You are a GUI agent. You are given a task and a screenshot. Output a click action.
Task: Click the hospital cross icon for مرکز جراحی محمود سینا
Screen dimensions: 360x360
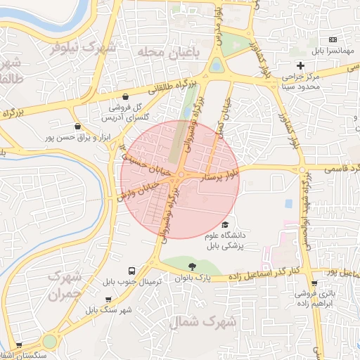pyautogui.click(x=300, y=65)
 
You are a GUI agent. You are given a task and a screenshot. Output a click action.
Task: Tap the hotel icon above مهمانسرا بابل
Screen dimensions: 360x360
pyautogui.click(x=333, y=40)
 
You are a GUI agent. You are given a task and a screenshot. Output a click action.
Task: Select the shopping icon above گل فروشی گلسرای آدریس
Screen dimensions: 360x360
pyautogui.click(x=125, y=97)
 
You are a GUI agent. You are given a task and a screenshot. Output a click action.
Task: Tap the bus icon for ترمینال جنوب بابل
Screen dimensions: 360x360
pyautogui.click(x=131, y=271)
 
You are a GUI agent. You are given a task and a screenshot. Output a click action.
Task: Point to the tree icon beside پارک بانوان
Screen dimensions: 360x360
pyautogui.click(x=192, y=266)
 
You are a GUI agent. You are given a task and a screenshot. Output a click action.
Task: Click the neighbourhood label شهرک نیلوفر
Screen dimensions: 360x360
pyautogui.click(x=84, y=49)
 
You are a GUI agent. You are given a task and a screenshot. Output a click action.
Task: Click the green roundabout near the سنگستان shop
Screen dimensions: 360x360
pyautogui.click(x=49, y=342)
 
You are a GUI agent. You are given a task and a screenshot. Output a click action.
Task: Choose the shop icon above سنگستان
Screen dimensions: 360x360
pyautogui.click(x=19, y=346)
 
